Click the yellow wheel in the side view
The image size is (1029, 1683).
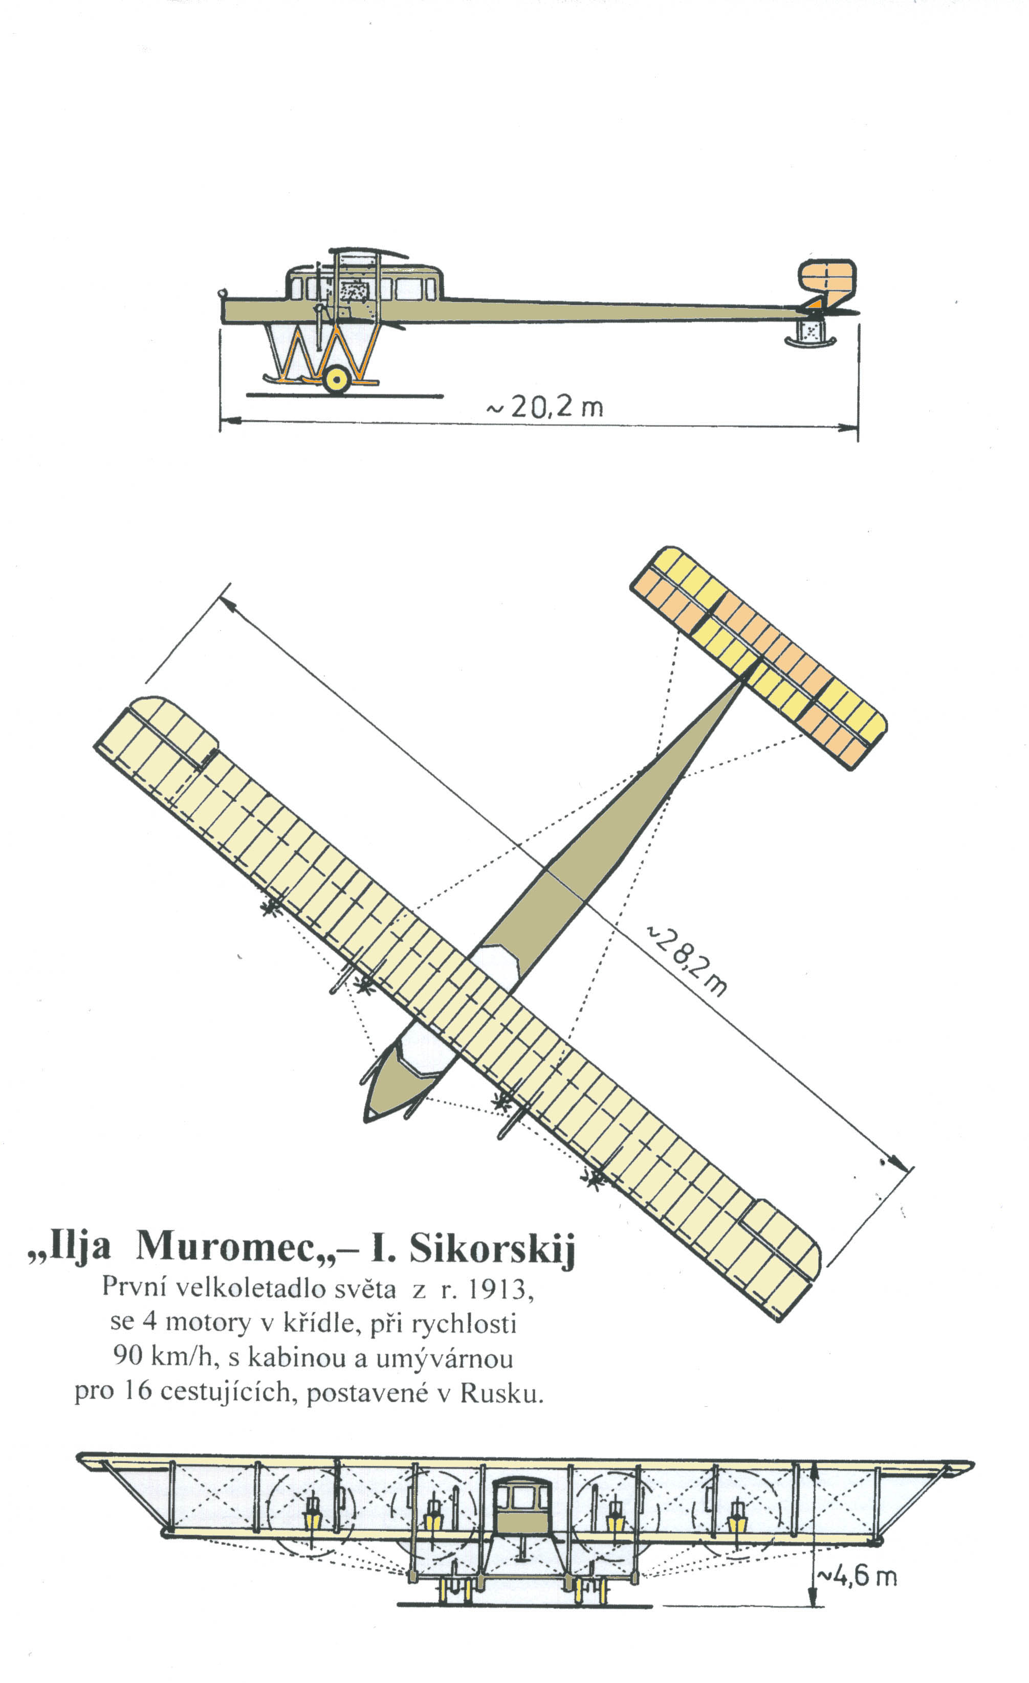336,380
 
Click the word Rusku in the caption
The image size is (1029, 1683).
501,1392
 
